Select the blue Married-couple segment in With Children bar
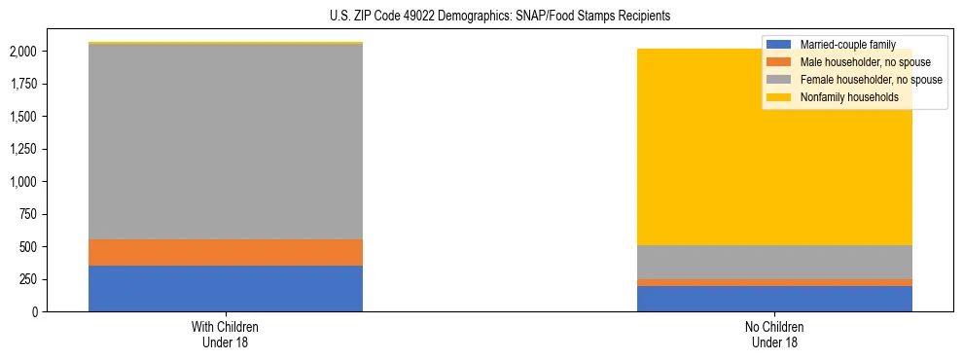click(x=226, y=288)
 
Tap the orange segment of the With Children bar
click(x=226, y=252)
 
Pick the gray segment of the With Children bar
click(x=226, y=142)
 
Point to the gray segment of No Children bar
click(x=774, y=262)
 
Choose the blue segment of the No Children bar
click(x=774, y=298)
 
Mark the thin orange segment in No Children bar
click(x=774, y=282)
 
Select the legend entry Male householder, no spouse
click(x=852, y=62)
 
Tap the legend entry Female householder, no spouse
click(x=856, y=80)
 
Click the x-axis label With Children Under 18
click(x=226, y=334)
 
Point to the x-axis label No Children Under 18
click(x=774, y=334)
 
